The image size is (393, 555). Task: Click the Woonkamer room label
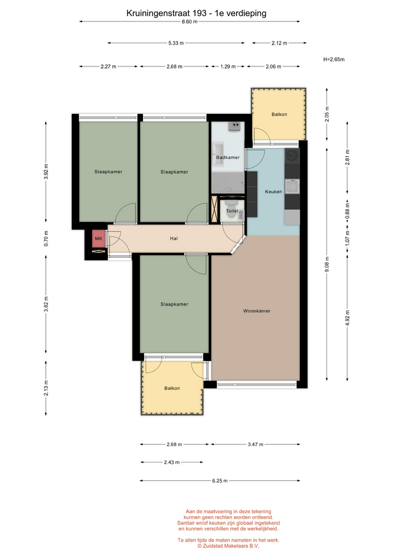pyautogui.click(x=256, y=311)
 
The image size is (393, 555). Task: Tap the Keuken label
pyautogui.click(x=274, y=192)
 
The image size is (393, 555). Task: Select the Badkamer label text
pyautogui.click(x=228, y=157)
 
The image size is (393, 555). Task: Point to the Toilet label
pyautogui.click(x=232, y=211)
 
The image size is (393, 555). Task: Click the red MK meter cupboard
pyautogui.click(x=98, y=239)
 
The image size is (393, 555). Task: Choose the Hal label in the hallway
pyautogui.click(x=174, y=239)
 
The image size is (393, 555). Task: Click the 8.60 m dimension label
pyautogui.click(x=190, y=21)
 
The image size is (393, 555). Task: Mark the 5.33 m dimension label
pyautogui.click(x=176, y=43)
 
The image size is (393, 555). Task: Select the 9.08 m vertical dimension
pyautogui.click(x=327, y=264)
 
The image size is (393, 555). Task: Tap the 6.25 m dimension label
pyautogui.click(x=220, y=480)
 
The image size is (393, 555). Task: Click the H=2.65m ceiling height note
pyautogui.click(x=334, y=60)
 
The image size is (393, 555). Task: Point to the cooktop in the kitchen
pyautogui.click(x=292, y=156)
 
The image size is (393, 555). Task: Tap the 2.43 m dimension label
pyautogui.click(x=172, y=462)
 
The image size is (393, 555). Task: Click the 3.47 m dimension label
pyautogui.click(x=255, y=444)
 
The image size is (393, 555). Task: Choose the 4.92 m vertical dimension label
pyautogui.click(x=347, y=318)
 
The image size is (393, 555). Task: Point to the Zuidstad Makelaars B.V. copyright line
pyautogui.click(x=228, y=546)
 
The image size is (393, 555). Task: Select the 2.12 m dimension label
pyautogui.click(x=279, y=43)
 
